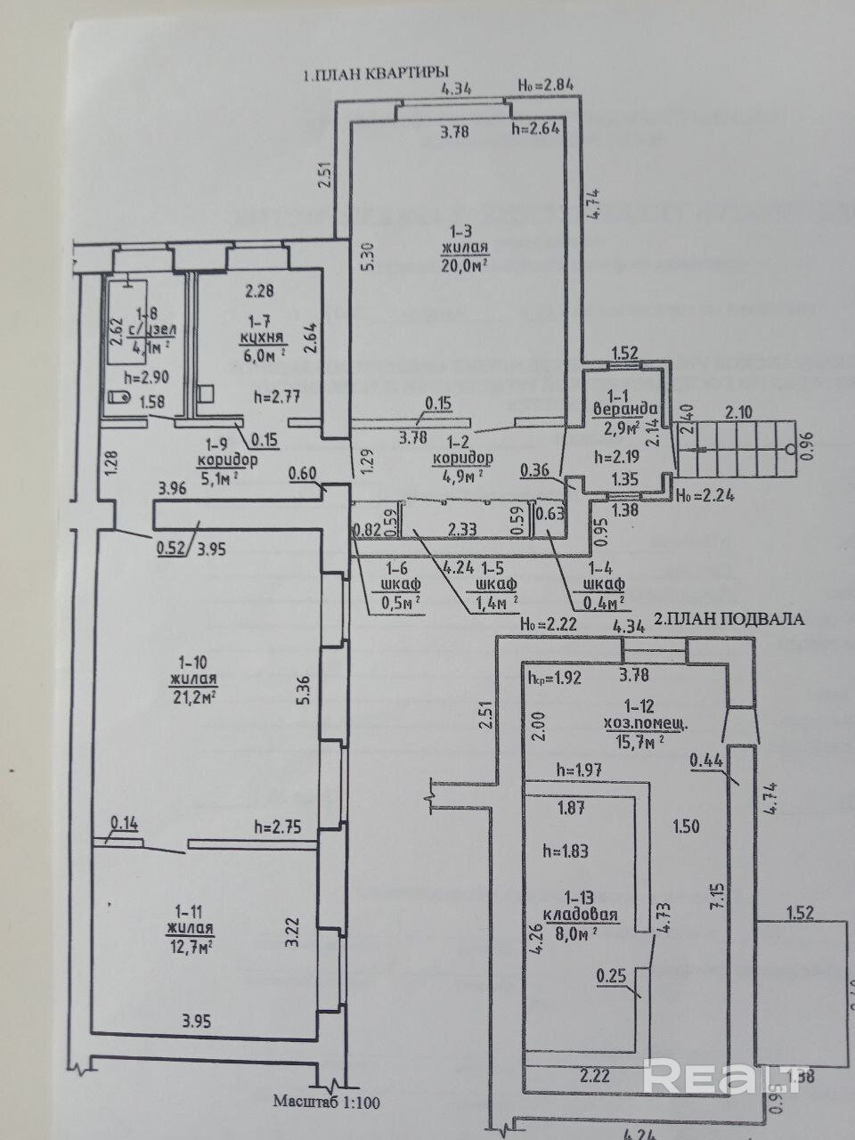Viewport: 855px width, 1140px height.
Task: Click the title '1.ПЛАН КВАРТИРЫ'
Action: click(x=375, y=75)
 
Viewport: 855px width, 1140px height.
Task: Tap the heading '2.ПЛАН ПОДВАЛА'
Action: click(x=729, y=617)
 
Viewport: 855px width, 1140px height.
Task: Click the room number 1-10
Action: click(x=192, y=662)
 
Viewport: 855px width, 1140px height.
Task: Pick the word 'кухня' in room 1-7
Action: click(x=262, y=338)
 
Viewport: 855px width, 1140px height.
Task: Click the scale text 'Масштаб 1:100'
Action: click(x=327, y=1101)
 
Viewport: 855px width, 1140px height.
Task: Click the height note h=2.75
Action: click(x=279, y=826)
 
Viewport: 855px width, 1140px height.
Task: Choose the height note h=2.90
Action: click(x=146, y=377)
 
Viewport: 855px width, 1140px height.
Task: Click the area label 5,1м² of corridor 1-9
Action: click(x=226, y=477)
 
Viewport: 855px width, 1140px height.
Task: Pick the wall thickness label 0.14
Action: click(x=124, y=823)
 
